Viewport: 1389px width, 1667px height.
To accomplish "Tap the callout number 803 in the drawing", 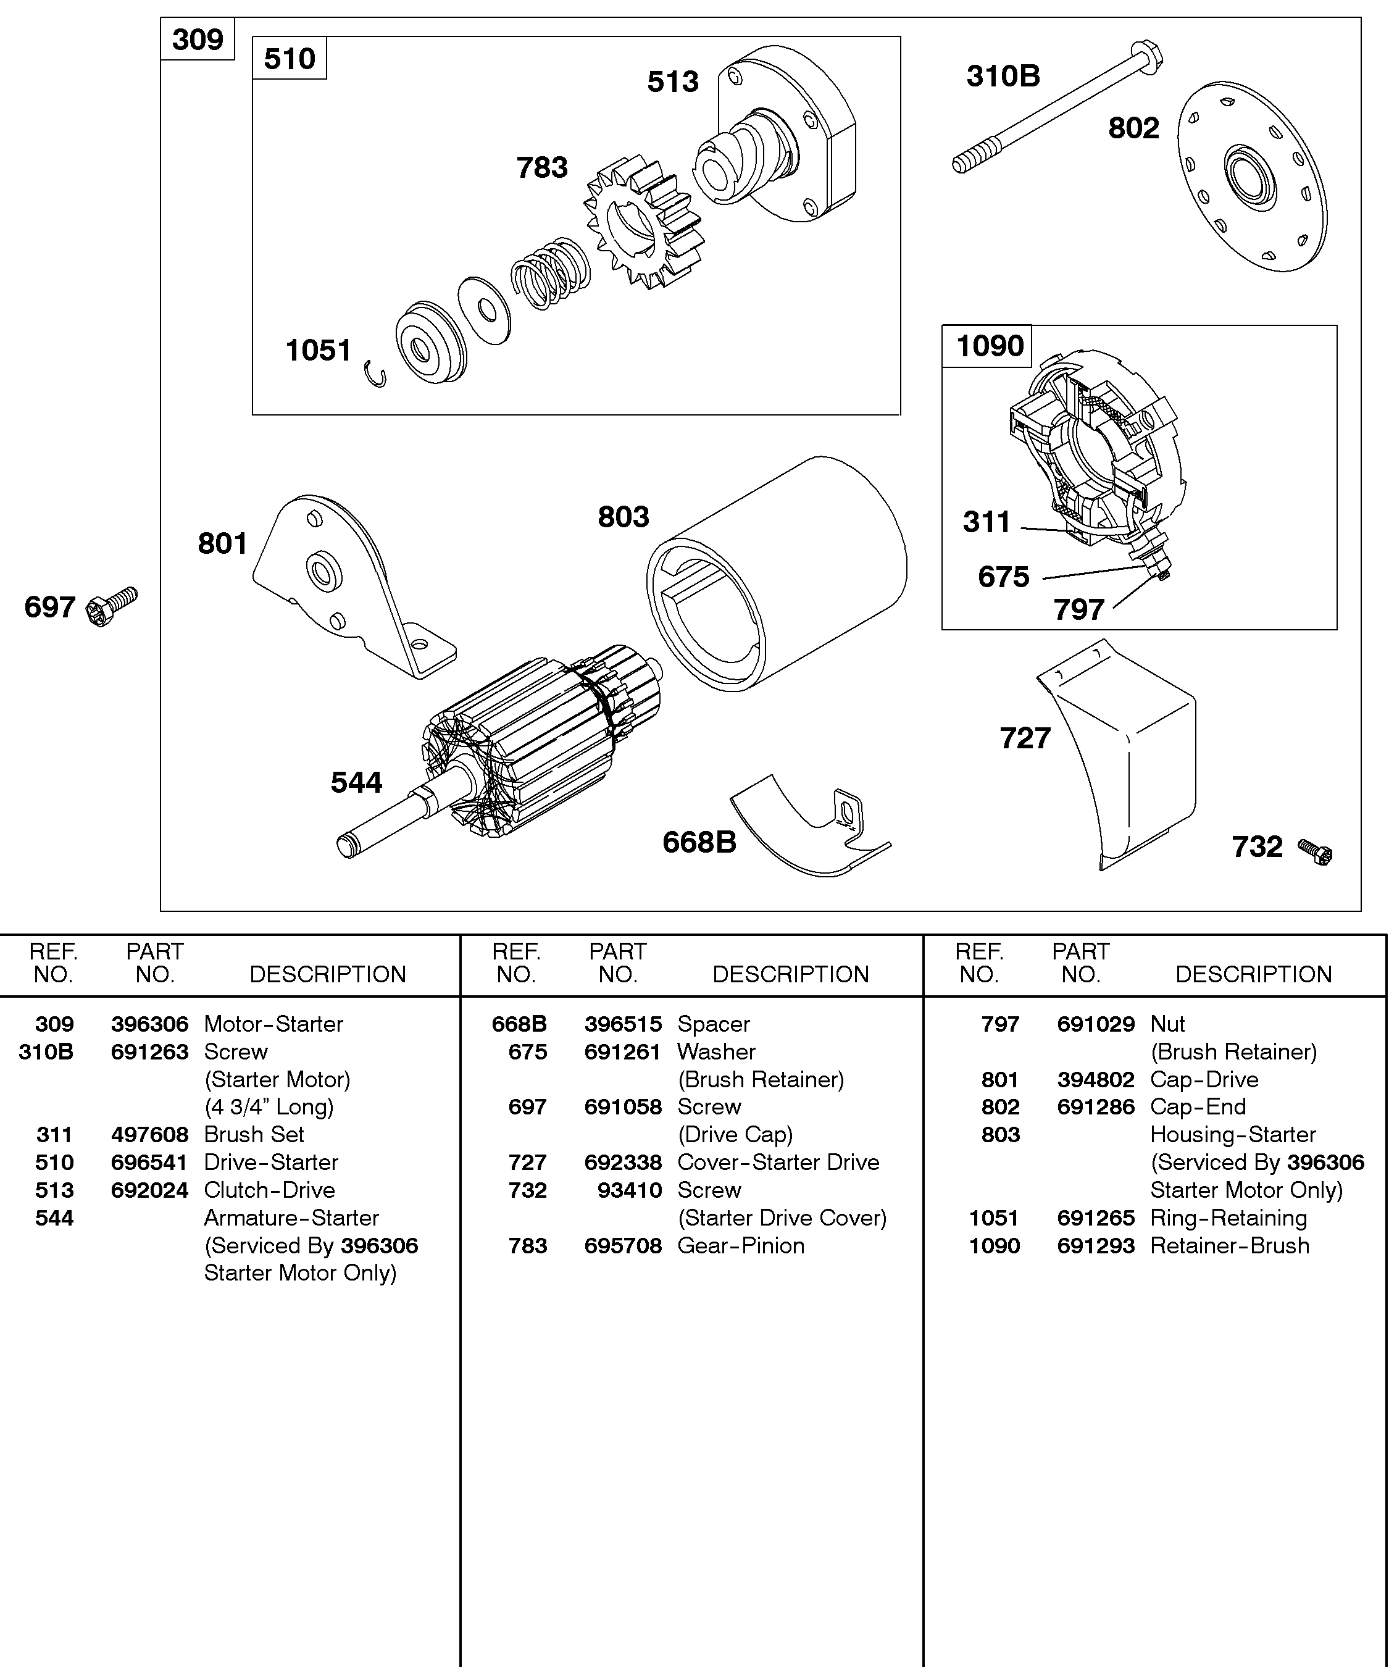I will click(x=623, y=517).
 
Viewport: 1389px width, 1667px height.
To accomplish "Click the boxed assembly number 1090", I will click(x=989, y=346).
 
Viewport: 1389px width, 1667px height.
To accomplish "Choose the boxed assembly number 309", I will click(x=198, y=39).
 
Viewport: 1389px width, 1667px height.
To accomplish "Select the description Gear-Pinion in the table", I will click(x=741, y=1245).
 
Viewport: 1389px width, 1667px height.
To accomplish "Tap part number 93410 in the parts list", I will click(x=630, y=1190).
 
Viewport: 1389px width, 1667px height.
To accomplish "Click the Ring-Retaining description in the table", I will click(x=1228, y=1218).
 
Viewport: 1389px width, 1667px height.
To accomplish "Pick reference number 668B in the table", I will click(x=519, y=1024).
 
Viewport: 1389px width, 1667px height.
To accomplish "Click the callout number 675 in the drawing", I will click(x=1003, y=577).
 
